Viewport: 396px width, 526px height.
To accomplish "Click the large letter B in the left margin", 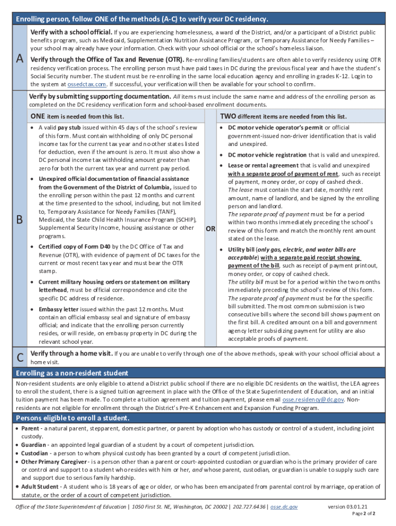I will pos(20,219).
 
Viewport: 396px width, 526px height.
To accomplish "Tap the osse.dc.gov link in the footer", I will pos(284,506).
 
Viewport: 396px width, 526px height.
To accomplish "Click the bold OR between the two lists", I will pos(210,229).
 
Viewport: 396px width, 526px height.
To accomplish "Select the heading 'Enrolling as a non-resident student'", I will pos(72,373).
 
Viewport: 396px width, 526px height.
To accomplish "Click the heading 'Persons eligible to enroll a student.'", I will pos(73,418).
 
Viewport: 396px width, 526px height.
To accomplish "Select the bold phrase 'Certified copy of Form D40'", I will pos(75,247).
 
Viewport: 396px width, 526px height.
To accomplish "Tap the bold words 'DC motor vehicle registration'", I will pos(267,155).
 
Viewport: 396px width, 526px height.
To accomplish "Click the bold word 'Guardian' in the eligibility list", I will pos(34,444).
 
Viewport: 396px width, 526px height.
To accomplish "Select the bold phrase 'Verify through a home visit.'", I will pos(71,353).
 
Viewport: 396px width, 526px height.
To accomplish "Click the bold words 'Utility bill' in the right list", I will pos(241,249).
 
